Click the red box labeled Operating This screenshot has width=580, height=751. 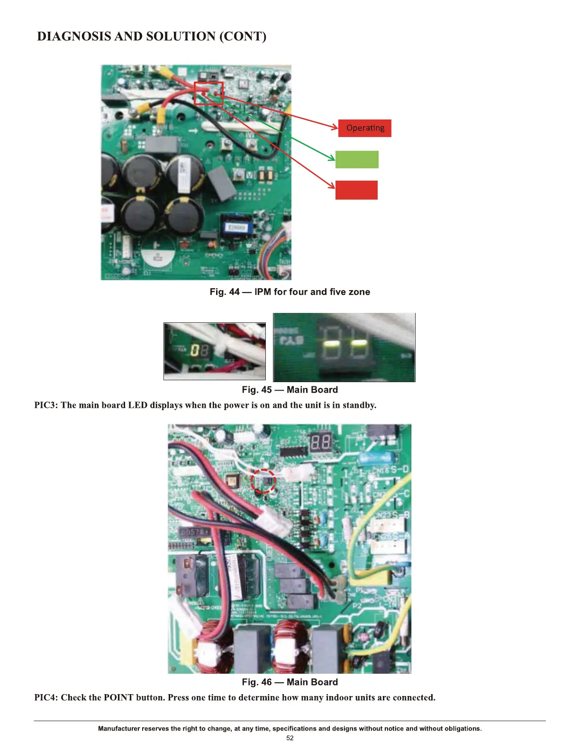pyautogui.click(x=365, y=128)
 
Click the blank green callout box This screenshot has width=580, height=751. pyautogui.click(x=357, y=159)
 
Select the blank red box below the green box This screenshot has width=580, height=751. pyautogui.click(x=356, y=190)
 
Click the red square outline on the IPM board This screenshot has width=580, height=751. pyautogui.click(x=208, y=93)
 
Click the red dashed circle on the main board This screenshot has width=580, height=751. pyautogui.click(x=263, y=482)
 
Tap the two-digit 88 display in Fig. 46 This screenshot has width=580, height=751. pyautogui.click(x=321, y=444)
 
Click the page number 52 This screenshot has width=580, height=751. pyautogui.click(x=290, y=738)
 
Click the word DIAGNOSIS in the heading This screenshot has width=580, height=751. pyautogui.click(x=74, y=37)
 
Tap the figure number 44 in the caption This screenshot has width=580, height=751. pyautogui.click(x=235, y=292)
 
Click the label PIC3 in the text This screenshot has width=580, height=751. pyautogui.click(x=46, y=405)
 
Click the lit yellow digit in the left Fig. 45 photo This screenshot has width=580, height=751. pyautogui.click(x=194, y=351)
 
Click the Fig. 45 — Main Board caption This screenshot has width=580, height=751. pyautogui.click(x=290, y=390)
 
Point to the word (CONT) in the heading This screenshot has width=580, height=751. pyautogui.click(x=243, y=37)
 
